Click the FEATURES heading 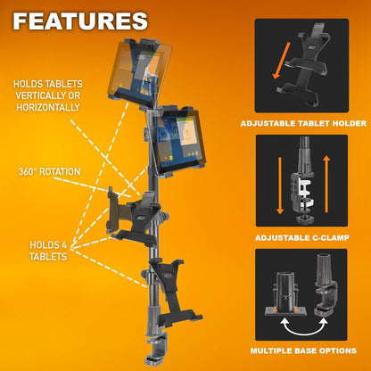pyautogui.click(x=81, y=21)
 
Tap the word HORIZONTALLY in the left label pyautogui.click(x=46, y=106)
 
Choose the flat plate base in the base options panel pyautogui.click(x=283, y=293)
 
